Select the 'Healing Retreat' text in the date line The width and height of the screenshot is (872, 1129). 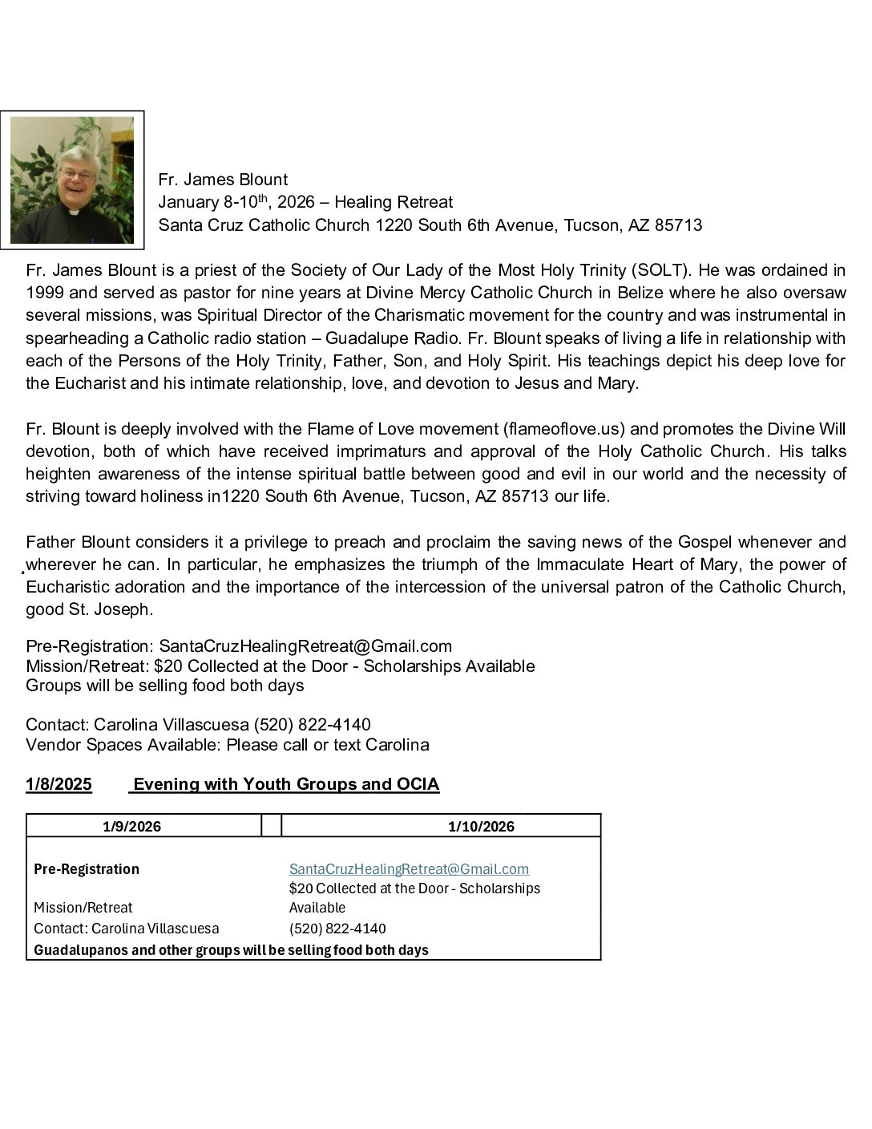point(394,202)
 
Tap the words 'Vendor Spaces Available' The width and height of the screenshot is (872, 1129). point(123,745)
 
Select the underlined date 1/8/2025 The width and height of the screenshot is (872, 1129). point(59,784)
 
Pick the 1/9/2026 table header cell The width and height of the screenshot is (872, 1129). point(132,827)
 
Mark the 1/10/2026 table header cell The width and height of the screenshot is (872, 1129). point(481,827)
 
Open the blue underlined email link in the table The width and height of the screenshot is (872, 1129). point(409,869)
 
